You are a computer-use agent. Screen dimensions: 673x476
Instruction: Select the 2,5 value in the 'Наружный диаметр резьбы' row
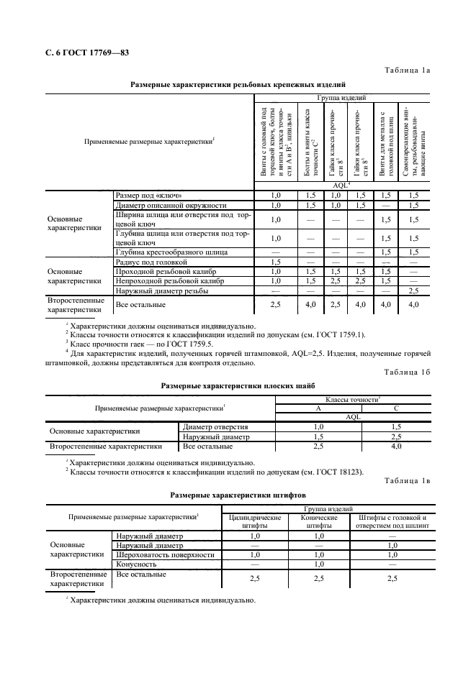(x=413, y=290)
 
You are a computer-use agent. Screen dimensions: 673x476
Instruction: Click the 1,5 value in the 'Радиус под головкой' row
(x=275, y=262)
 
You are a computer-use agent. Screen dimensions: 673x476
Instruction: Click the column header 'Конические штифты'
(x=318, y=521)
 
